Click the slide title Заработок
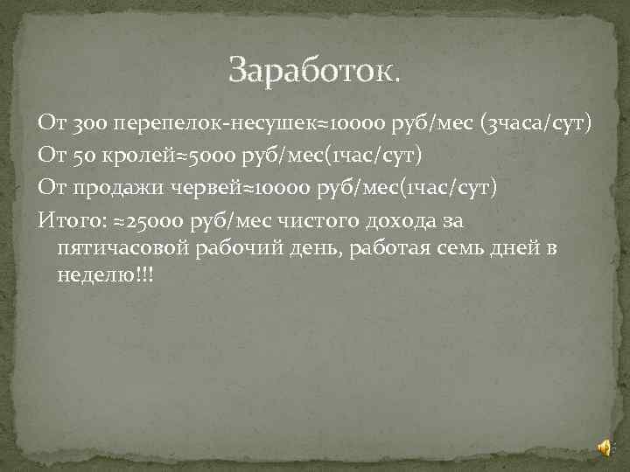pyautogui.click(x=314, y=71)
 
